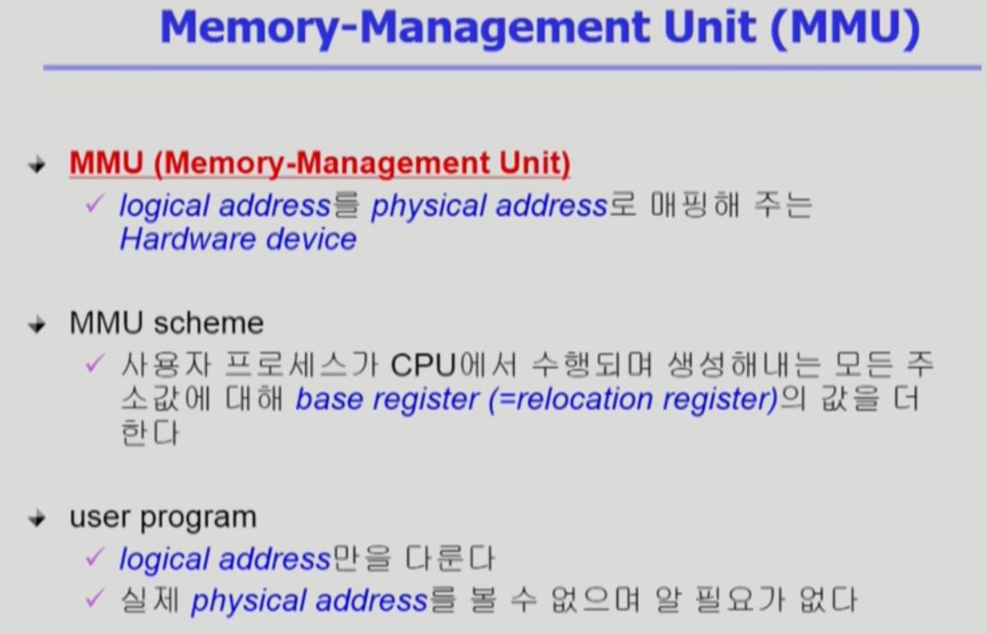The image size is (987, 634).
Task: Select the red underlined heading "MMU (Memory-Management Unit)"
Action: pos(320,164)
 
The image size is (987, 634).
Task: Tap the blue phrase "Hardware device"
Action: pos(237,239)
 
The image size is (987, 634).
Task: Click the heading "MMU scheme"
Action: pos(167,323)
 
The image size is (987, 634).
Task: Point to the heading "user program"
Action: pos(163,517)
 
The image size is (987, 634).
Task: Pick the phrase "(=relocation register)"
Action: pos(633,400)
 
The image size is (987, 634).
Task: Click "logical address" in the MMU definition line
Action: pos(225,206)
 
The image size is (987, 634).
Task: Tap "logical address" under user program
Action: pos(225,560)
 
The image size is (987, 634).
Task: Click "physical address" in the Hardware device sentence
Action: pos(489,206)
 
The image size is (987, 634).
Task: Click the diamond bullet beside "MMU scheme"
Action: pos(37,325)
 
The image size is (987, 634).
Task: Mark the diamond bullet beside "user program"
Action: pos(37,519)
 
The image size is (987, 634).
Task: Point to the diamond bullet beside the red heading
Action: pos(37,166)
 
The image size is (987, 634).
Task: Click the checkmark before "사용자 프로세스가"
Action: pos(95,365)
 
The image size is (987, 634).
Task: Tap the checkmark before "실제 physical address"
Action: pos(95,599)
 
